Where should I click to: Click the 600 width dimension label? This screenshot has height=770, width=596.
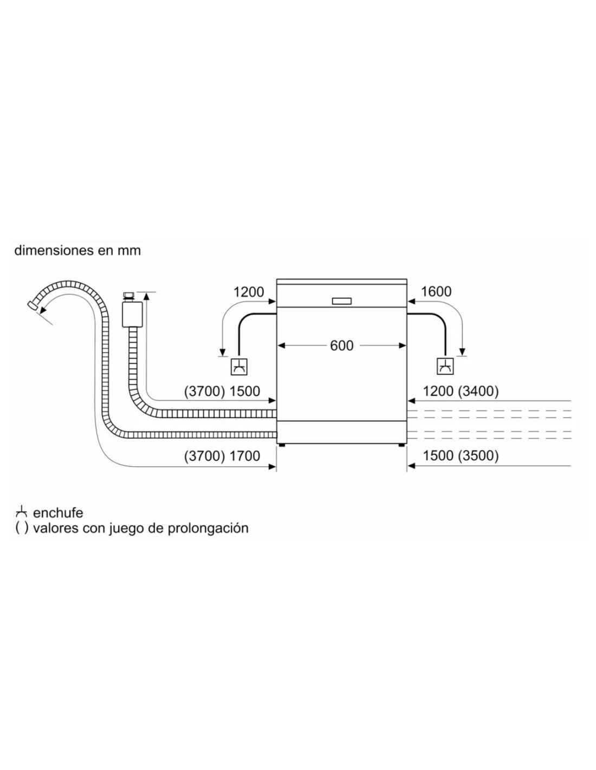341,345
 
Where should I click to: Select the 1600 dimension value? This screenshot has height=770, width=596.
436,292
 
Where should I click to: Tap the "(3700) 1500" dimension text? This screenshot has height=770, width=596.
222,391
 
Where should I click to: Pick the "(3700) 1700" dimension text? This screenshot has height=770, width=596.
222,456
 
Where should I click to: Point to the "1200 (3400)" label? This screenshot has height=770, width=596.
461,391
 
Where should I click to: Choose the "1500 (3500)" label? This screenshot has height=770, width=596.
461,456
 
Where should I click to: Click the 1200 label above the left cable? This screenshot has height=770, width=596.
249,292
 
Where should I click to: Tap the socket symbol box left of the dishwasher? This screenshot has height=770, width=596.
239,367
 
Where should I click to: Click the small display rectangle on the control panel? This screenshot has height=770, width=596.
342,301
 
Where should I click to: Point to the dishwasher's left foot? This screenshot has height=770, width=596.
282,446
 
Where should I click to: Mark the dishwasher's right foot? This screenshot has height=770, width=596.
401,446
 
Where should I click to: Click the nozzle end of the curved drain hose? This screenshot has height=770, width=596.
33,305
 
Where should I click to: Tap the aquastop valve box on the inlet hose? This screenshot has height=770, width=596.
132,314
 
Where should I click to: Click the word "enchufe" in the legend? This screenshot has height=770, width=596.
58,513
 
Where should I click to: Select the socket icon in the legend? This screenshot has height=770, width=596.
21,512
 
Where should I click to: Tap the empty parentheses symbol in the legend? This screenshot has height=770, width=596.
21,528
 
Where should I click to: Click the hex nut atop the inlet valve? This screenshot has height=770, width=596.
128,296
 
